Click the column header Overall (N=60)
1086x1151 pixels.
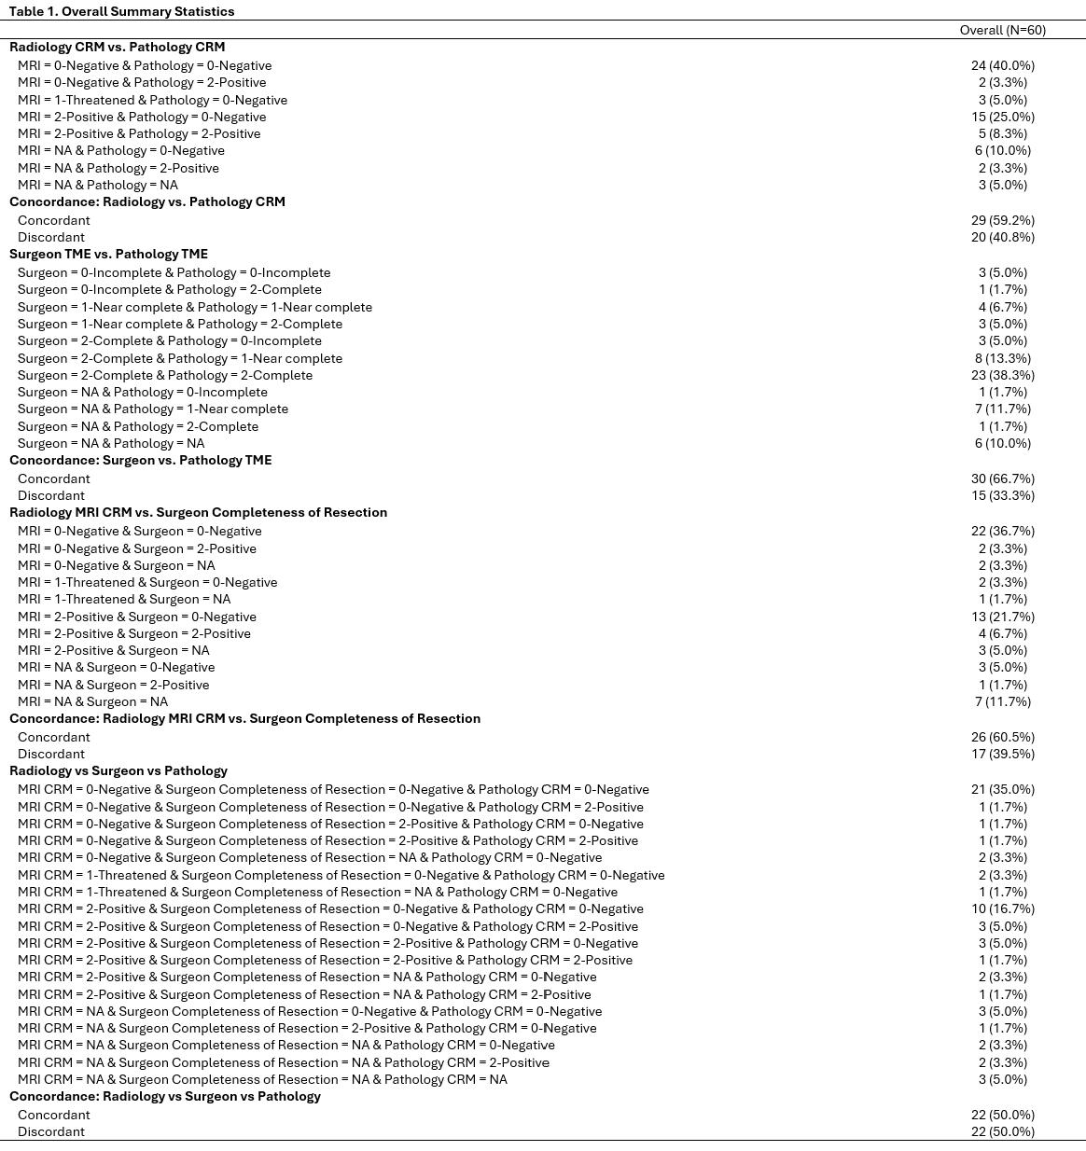point(1002,30)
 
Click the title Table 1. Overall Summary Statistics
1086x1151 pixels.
point(122,11)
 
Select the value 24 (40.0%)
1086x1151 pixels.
point(1002,65)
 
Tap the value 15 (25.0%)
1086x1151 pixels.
point(1002,117)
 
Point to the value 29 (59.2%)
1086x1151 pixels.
point(1002,220)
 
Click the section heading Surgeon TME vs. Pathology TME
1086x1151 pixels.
point(108,254)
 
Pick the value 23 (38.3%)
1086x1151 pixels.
point(1002,375)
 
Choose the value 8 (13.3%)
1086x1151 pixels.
point(1002,358)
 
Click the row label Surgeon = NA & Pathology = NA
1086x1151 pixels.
point(111,443)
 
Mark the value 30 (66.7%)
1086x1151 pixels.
point(1002,478)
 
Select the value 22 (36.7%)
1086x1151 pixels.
point(1002,531)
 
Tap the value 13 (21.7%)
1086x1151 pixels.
point(1002,617)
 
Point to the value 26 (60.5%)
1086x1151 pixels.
point(1002,737)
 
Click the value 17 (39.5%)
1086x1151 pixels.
point(1002,754)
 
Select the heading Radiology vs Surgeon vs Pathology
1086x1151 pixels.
point(118,770)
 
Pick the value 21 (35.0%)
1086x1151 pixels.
point(1002,789)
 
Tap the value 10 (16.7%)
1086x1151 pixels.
point(1002,908)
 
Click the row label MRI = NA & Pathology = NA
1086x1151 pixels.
point(98,185)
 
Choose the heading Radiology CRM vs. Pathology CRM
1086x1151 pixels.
point(117,47)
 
